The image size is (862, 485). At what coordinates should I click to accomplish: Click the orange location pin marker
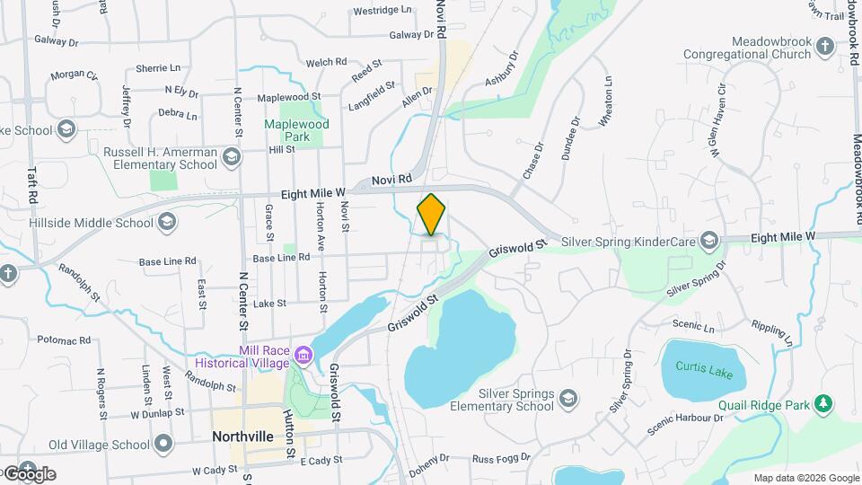(431, 215)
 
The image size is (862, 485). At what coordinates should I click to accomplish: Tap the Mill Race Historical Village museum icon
(303, 356)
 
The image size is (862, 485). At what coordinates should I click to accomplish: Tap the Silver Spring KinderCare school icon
(710, 240)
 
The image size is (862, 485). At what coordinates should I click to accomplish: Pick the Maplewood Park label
(297, 130)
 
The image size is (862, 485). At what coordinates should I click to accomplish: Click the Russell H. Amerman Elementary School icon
(232, 159)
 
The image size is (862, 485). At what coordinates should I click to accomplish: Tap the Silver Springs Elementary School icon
(567, 398)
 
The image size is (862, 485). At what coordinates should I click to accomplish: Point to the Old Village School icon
(163, 444)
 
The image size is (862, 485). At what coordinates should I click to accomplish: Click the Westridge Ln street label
(383, 11)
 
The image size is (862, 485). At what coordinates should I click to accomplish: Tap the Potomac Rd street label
(65, 340)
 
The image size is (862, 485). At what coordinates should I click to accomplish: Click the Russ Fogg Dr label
(502, 458)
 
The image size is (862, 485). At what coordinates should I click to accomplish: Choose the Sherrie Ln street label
(158, 68)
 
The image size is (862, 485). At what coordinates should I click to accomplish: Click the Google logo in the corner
(29, 473)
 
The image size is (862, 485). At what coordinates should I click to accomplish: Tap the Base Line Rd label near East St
(167, 261)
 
